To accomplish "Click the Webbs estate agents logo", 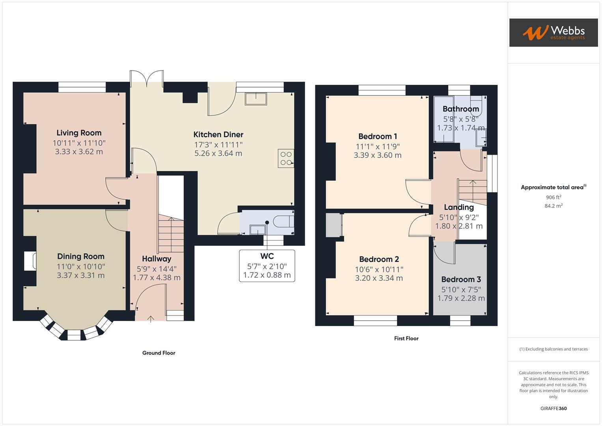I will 553,32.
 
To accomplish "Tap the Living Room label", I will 79,133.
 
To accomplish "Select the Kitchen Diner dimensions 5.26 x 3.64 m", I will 218,153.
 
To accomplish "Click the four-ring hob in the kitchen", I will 286,158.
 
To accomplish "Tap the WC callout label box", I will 267,265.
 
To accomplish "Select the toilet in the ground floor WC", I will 283,222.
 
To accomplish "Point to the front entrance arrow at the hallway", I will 151,319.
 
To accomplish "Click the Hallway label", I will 157,259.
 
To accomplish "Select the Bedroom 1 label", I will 377,136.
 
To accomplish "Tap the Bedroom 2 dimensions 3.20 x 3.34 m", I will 379,278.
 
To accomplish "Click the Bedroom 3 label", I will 461,279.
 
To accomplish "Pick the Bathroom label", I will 460,109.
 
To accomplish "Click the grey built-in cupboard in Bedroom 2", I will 333,225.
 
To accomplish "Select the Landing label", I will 458,207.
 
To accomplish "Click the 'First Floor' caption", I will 406,338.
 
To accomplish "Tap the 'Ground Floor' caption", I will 158,353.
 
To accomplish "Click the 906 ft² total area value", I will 554,197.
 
